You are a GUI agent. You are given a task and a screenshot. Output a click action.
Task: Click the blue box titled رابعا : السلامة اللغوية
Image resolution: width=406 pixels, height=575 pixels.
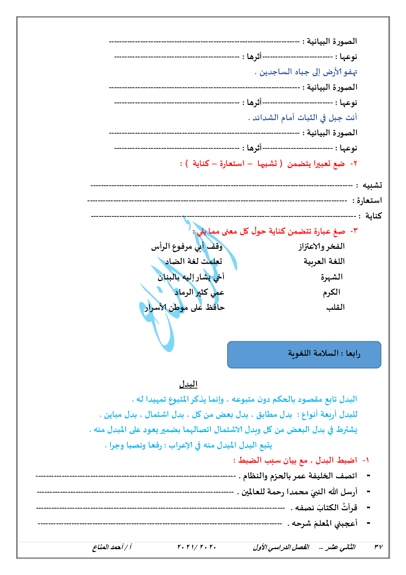304,355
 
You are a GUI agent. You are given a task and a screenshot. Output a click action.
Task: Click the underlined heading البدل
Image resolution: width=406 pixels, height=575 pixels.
188,384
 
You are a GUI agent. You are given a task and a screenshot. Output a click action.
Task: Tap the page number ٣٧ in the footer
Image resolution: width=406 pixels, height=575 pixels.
379,547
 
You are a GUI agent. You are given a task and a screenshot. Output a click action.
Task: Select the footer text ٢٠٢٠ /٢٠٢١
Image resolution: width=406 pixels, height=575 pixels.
196,547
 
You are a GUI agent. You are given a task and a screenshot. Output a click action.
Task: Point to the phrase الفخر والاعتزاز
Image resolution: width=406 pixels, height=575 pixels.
321,246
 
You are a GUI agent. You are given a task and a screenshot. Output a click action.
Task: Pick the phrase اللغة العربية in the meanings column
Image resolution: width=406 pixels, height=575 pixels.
324,261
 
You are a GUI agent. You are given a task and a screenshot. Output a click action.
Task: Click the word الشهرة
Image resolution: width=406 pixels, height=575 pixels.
332,277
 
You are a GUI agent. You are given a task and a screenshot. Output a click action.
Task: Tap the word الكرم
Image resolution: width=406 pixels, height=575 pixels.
332,292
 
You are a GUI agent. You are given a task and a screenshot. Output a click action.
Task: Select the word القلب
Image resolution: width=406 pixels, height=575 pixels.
335,307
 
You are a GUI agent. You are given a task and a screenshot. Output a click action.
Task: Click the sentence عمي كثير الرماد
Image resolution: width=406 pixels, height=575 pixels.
199,292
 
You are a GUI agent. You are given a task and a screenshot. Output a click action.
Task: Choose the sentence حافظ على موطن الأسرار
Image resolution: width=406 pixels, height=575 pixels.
185,307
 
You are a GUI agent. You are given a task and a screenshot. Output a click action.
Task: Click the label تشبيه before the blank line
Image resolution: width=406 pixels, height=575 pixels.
372,186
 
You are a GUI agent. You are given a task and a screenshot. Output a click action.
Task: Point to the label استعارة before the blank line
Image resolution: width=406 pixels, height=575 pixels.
369,200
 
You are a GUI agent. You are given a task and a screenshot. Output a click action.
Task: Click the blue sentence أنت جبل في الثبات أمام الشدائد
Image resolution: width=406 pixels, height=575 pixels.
303,118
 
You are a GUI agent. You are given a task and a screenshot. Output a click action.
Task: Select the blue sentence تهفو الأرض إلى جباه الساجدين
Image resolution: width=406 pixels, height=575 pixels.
306,72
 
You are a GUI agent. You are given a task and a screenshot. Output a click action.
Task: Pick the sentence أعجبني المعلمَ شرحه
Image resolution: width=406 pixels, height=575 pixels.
323,523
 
